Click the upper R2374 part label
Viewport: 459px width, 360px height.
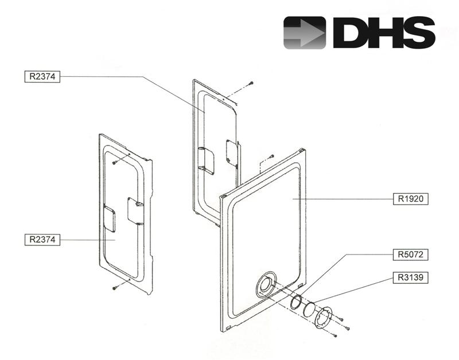pyautogui.click(x=42, y=76)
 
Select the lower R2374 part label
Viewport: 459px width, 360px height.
pyautogui.click(x=42, y=240)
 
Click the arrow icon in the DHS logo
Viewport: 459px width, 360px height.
pyautogui.click(x=305, y=32)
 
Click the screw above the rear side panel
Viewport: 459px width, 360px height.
pyautogui.click(x=250, y=84)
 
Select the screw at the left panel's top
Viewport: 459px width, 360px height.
pyautogui.click(x=115, y=163)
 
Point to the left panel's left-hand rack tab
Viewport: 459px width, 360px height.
pyautogui.click(x=108, y=218)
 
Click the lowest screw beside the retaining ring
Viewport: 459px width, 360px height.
pyautogui.click(x=348, y=327)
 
